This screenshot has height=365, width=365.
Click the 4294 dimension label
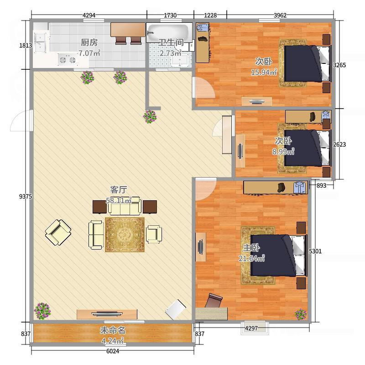[89, 16]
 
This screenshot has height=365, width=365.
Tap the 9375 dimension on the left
[26, 197]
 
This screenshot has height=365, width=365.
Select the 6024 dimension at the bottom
[113, 351]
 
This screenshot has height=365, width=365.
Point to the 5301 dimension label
[315, 251]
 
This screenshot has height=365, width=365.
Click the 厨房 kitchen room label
[89, 42]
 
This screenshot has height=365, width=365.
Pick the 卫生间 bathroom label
[171, 42]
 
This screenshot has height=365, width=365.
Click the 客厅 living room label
[119, 190]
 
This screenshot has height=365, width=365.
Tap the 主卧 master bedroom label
[251, 248]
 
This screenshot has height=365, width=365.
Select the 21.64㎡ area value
[252, 258]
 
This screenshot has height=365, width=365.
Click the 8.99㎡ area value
[283, 151]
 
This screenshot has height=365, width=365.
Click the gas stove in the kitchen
[68, 60]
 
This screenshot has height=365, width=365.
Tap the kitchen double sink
[41, 43]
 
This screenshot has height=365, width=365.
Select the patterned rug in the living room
[125, 235]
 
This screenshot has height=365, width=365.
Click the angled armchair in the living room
[58, 233]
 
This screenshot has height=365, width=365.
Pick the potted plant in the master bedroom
[301, 314]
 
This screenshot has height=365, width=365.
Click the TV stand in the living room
[107, 314]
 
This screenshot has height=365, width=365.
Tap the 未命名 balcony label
[113, 330]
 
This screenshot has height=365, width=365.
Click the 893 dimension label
[321, 186]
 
